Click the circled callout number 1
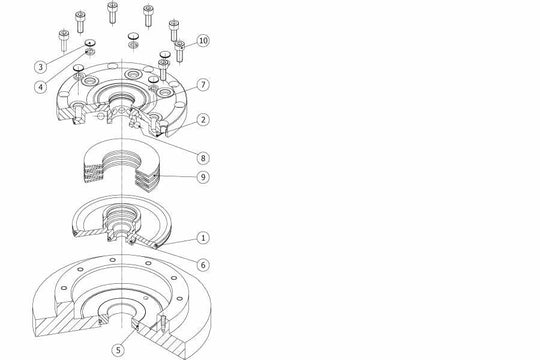click(x=203, y=238)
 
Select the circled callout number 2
click(x=203, y=119)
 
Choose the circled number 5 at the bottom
click(x=118, y=349)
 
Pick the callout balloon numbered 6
click(x=203, y=264)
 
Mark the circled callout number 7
click(x=203, y=85)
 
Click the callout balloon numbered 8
click(x=203, y=157)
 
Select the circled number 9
click(x=203, y=176)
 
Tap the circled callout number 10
click(x=203, y=41)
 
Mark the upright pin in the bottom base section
click(x=161, y=324)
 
